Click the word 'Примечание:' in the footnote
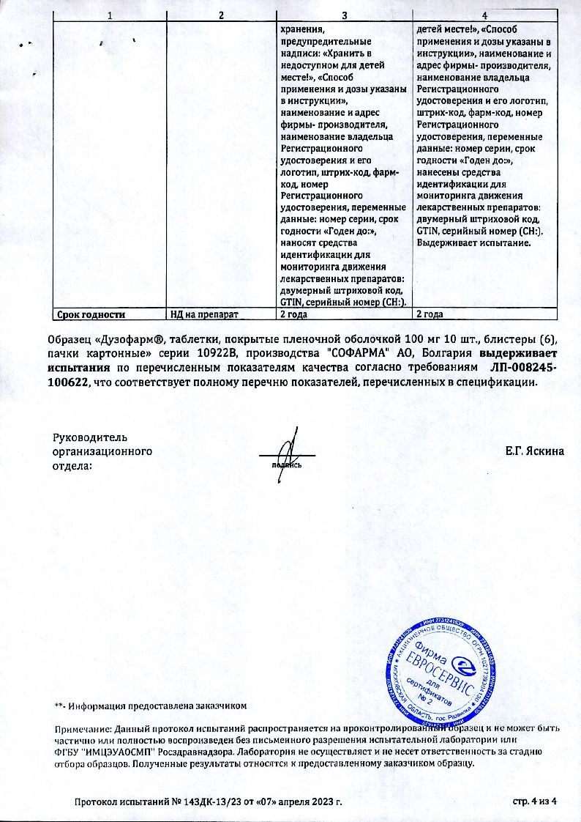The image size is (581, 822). pos(81,730)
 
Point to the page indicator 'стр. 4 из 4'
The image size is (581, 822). pos(536,802)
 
